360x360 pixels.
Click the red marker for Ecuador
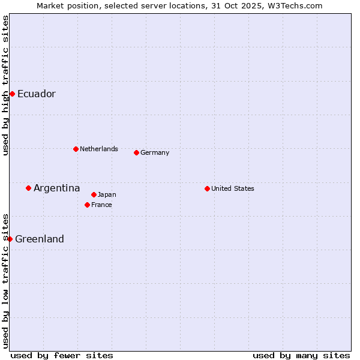coord(12,94)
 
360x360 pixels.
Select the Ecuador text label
coord(37,94)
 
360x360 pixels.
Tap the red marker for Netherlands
coord(76,149)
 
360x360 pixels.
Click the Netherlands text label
coord(99,149)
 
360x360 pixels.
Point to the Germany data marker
coord(136,152)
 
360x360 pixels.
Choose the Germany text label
coord(155,152)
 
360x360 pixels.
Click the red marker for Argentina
coord(28,188)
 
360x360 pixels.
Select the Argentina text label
coord(57,188)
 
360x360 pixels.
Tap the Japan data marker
coord(94,194)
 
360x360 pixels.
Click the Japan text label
coord(107,194)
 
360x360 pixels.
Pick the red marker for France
coord(87,205)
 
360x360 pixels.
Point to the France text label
coord(101,205)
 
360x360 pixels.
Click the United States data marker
coord(207,188)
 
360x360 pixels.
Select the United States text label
coord(233,188)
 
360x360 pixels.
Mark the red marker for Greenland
coord(10,239)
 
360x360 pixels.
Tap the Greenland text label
coord(40,239)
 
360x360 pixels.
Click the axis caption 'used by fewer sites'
coord(62,355)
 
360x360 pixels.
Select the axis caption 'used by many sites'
coord(301,355)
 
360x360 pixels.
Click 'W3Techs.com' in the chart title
coord(297,5)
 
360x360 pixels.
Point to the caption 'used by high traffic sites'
coord(5,85)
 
